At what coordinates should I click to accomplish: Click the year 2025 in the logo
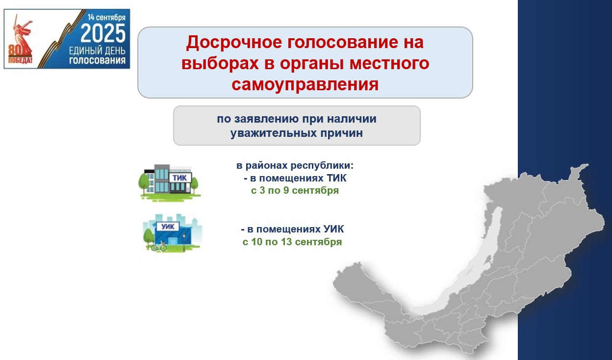103,33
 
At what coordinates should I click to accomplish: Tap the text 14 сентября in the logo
106,18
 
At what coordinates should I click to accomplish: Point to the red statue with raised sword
22,35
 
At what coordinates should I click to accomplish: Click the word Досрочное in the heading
234,42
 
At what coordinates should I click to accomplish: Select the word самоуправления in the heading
305,84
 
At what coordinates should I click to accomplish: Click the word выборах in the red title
220,63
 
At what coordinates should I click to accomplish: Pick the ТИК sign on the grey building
179,178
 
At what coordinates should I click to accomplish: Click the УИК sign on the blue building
168,227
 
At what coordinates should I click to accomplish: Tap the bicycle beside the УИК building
159,247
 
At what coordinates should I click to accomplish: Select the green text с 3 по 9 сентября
295,190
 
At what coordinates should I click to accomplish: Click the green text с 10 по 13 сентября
292,242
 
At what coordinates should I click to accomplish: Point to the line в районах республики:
295,165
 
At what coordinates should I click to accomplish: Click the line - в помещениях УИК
292,229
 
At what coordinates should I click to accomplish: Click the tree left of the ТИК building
144,182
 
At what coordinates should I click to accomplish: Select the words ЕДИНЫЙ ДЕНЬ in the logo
97,51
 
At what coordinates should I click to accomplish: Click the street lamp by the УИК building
184,242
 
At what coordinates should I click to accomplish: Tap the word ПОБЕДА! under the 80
20,60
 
